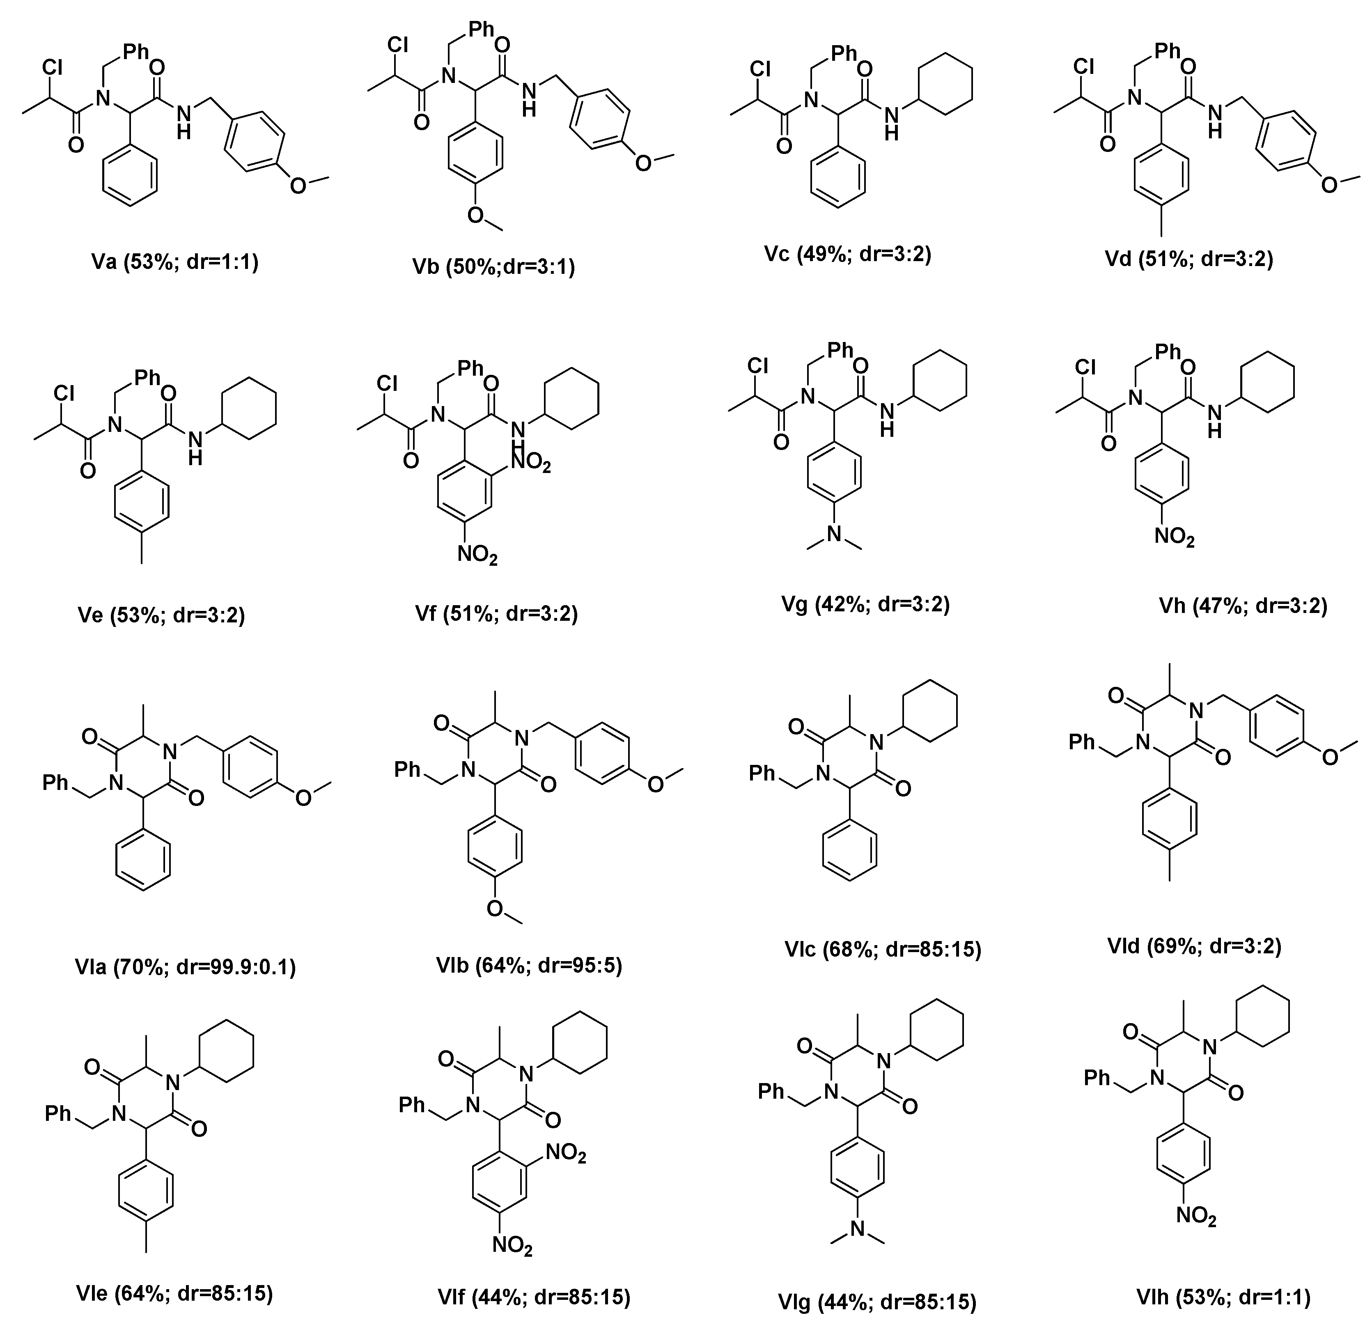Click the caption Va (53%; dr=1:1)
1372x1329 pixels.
[175, 263]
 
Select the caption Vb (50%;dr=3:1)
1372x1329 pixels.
[493, 267]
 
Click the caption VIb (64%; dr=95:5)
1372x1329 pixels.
[528, 965]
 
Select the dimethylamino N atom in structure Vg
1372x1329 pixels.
[834, 534]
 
